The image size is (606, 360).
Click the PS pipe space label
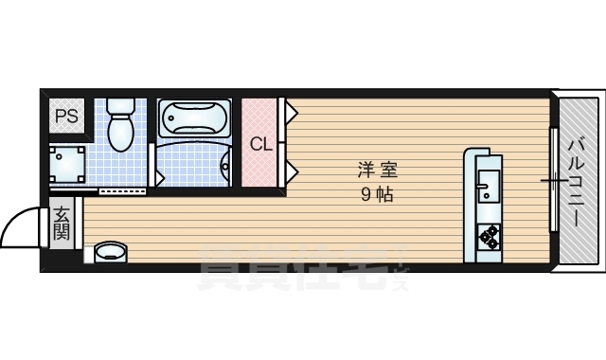point(66,116)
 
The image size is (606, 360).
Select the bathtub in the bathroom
point(194,117)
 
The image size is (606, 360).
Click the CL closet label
point(261,144)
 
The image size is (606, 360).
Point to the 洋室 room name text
point(377,170)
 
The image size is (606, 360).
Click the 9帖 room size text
point(377,194)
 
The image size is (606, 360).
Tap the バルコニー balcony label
point(576,183)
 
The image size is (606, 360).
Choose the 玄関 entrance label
point(62,224)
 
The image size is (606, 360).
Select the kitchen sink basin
point(488,186)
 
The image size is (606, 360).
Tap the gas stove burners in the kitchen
point(489,237)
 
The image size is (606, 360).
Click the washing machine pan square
point(67,164)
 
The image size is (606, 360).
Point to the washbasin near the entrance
point(110,252)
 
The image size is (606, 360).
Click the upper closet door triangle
point(292,113)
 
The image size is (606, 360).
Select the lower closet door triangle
point(292,171)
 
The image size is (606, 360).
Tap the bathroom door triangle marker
point(160,176)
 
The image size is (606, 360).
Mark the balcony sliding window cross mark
point(554,181)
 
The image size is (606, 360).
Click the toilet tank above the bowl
point(120,105)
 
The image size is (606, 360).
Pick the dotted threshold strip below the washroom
point(122,191)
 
